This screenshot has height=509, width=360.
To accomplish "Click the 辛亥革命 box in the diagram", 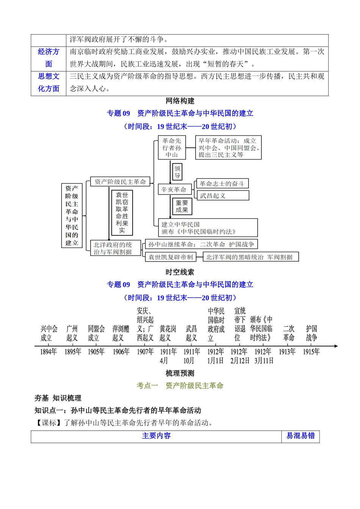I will pyautogui.click(x=174, y=189).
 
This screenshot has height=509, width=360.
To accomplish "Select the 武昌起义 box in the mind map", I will pyautogui.click(x=223, y=195).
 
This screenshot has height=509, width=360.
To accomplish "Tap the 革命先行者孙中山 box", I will pyautogui.click(x=172, y=148).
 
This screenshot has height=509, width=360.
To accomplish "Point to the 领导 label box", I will pyautogui.click(x=177, y=172).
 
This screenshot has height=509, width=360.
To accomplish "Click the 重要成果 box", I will pyautogui.click(x=182, y=206).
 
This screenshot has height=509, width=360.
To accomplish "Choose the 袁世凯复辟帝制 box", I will pyautogui.click(x=171, y=257).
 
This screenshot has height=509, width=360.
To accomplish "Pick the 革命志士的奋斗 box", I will pyautogui.click(x=222, y=184).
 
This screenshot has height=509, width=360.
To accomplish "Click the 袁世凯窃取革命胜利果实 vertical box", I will pyautogui.click(x=122, y=212).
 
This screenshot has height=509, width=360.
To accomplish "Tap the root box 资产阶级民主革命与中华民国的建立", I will pyautogui.click(x=72, y=215).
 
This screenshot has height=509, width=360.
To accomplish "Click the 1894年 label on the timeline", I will pyautogui.click(x=48, y=352).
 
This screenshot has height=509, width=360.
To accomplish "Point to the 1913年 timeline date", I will pyautogui.click(x=287, y=352).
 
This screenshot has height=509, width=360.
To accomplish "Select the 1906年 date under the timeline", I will pyautogui.click(x=121, y=352).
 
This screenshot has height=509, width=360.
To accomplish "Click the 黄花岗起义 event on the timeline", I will pyautogui.click(x=168, y=333).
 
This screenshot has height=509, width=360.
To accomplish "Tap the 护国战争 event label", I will pyautogui.click(x=311, y=333).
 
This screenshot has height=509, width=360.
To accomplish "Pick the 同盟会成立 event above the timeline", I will pyautogui.click(x=96, y=333).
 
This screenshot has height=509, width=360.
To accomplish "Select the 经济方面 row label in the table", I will pyautogui.click(x=49, y=58).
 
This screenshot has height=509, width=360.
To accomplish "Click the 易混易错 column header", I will pyautogui.click(x=301, y=436).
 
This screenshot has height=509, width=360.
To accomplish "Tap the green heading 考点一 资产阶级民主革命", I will pyautogui.click(x=180, y=386).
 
